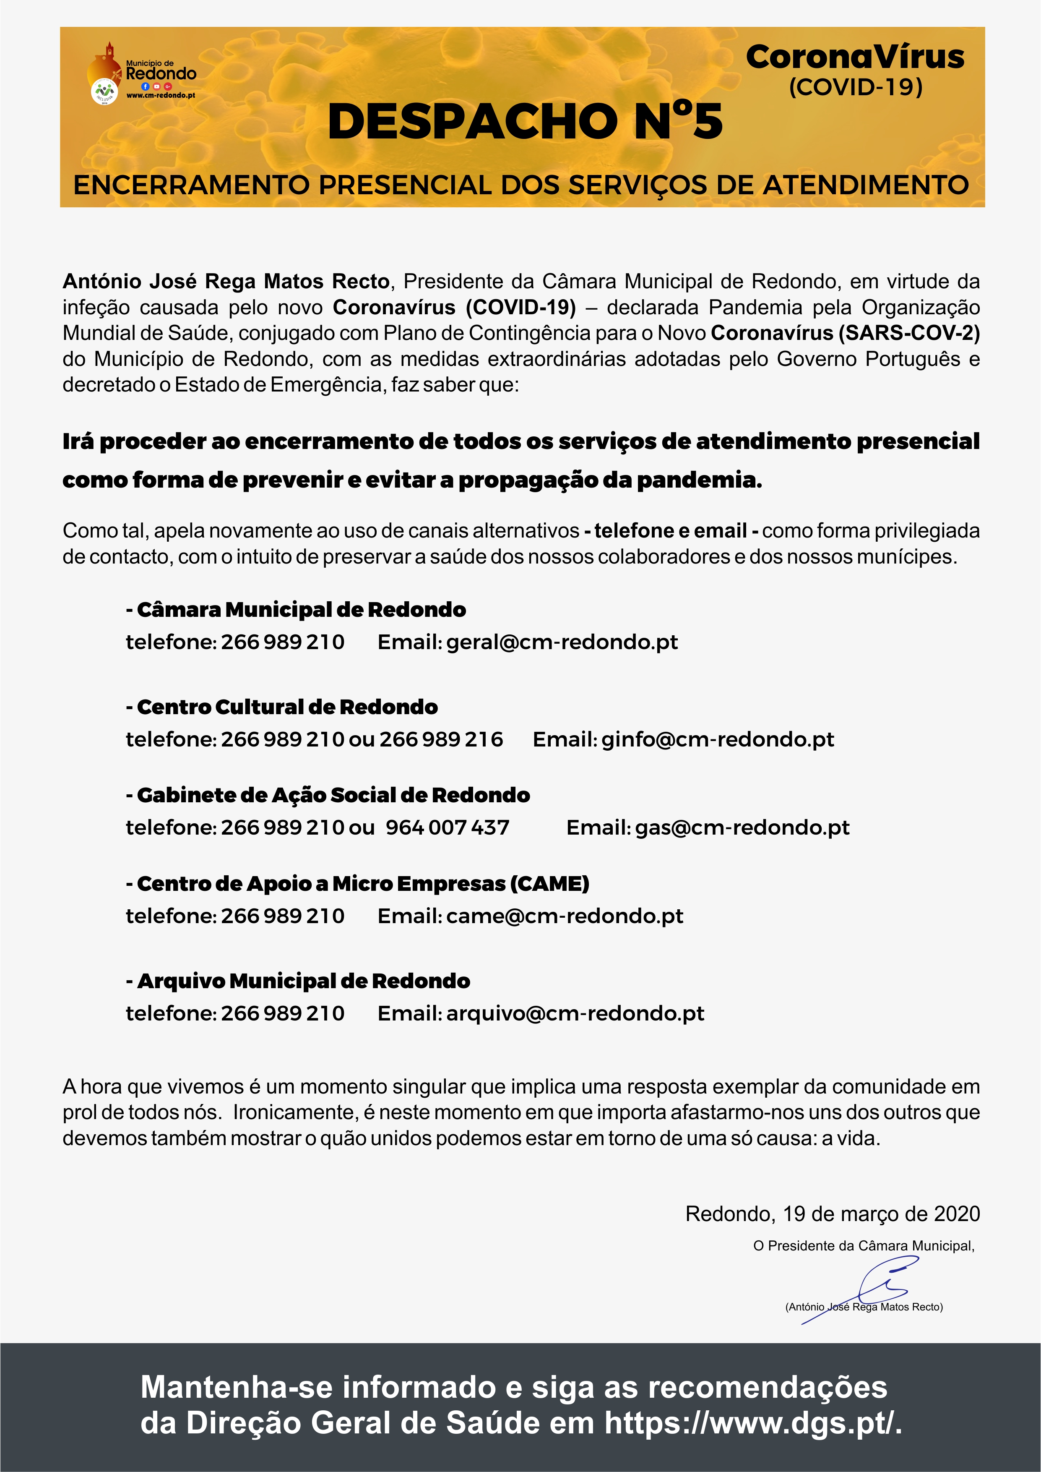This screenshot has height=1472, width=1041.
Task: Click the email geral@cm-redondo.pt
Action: point(562,642)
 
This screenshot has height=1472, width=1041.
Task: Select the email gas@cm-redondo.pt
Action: point(742,827)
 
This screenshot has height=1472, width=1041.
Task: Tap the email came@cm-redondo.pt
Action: point(564,916)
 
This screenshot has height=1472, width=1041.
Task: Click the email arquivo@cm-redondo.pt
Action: point(575,1014)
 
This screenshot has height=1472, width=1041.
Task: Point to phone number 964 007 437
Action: point(448,827)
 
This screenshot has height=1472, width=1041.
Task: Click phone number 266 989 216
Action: point(441,739)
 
